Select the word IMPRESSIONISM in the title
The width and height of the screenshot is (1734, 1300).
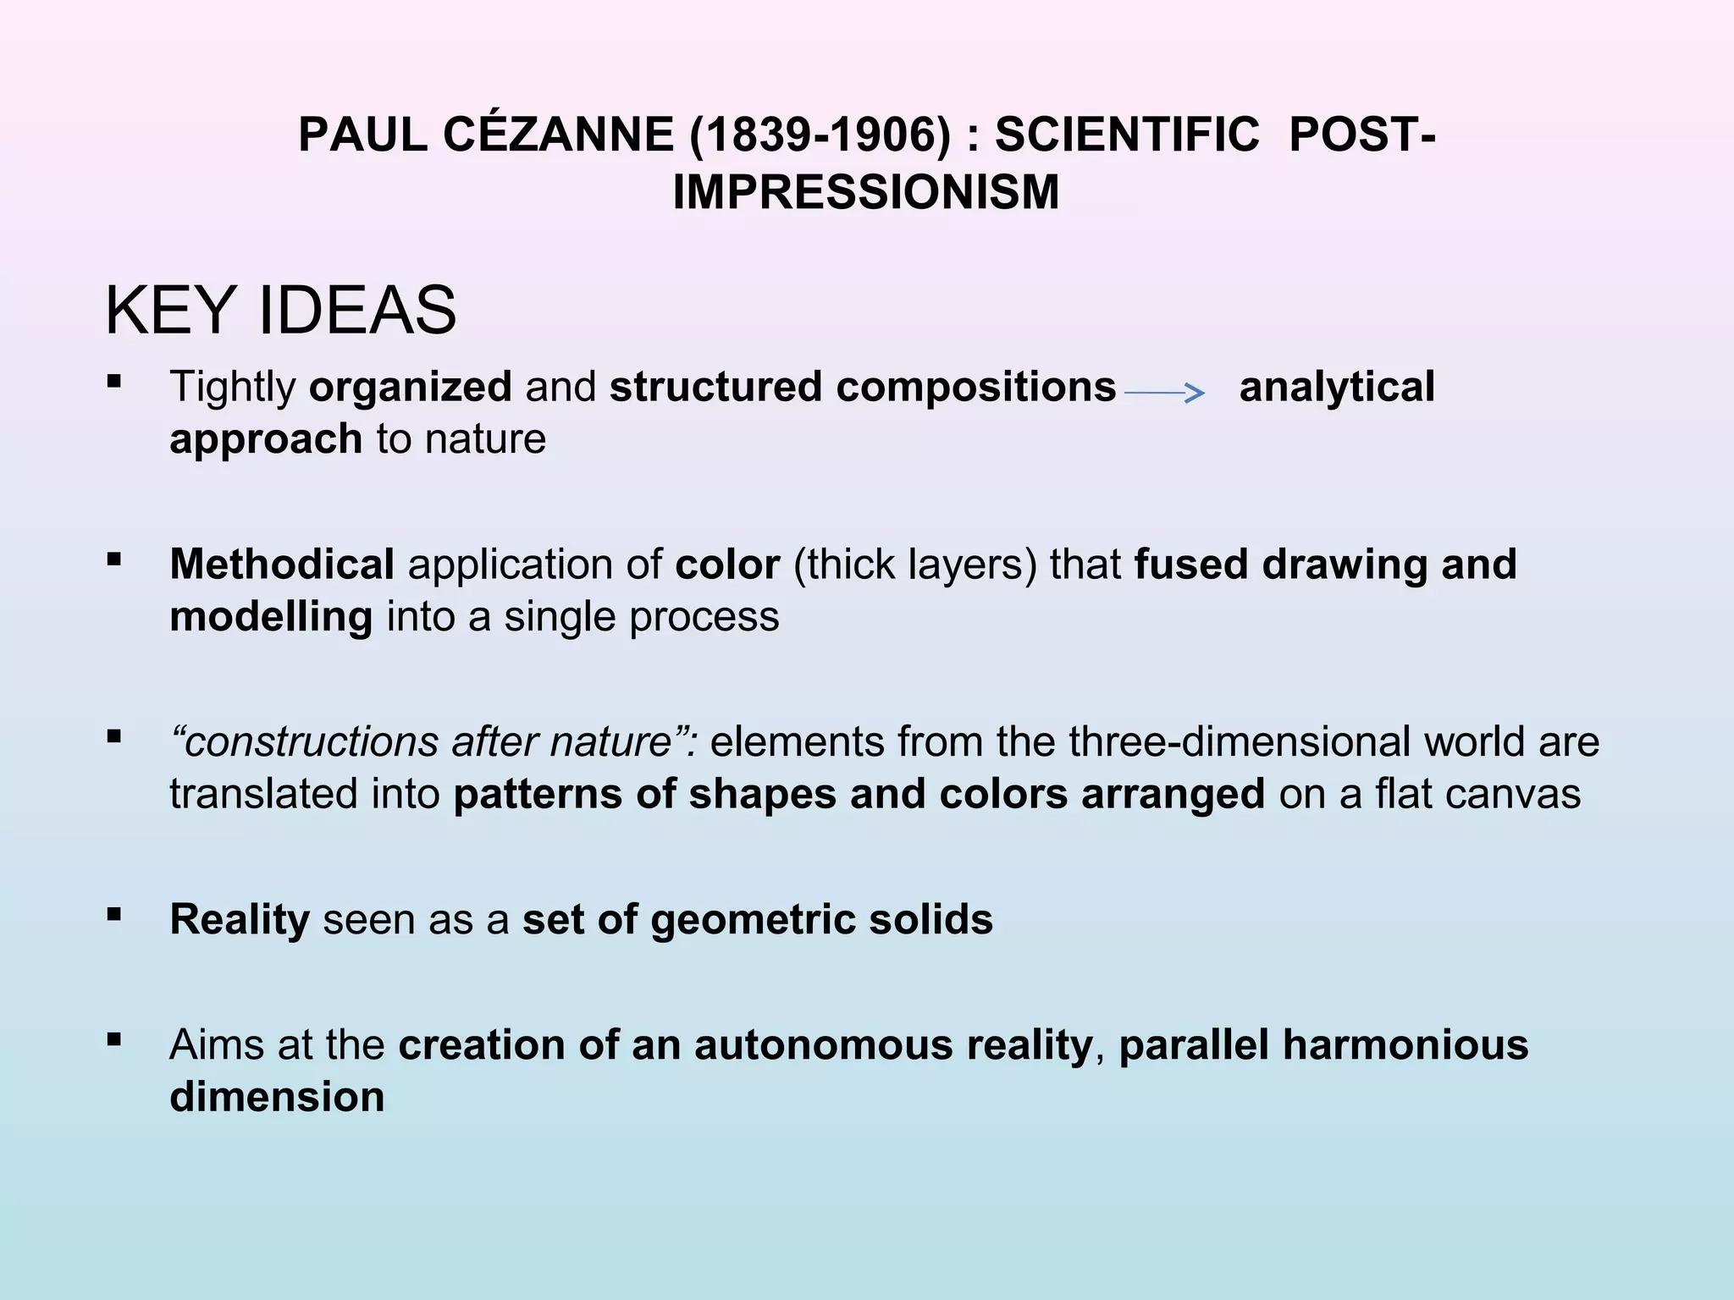865,192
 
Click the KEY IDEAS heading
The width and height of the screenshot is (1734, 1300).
280,311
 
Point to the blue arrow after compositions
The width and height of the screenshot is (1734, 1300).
1164,392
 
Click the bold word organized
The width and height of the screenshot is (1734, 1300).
411,387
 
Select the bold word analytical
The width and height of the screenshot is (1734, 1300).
1337,387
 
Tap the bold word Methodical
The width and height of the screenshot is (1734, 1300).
282,565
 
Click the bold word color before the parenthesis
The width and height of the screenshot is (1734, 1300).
727,565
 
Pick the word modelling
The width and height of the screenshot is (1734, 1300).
271,617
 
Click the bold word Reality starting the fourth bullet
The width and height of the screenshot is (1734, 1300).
240,920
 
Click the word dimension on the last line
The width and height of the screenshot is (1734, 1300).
277,1098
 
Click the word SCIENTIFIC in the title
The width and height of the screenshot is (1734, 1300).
1127,135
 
